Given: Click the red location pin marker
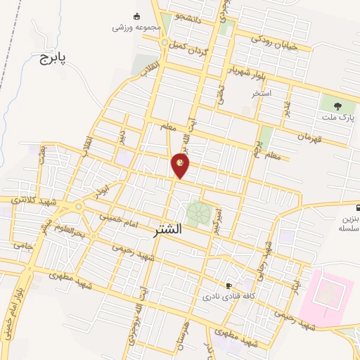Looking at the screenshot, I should (x=180, y=166).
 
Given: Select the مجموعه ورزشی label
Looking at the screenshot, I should (x=137, y=27).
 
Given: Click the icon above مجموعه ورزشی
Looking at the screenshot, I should (x=137, y=15).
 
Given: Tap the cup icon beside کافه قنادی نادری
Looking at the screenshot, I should (x=228, y=285).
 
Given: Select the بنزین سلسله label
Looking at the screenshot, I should (x=349, y=223).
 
